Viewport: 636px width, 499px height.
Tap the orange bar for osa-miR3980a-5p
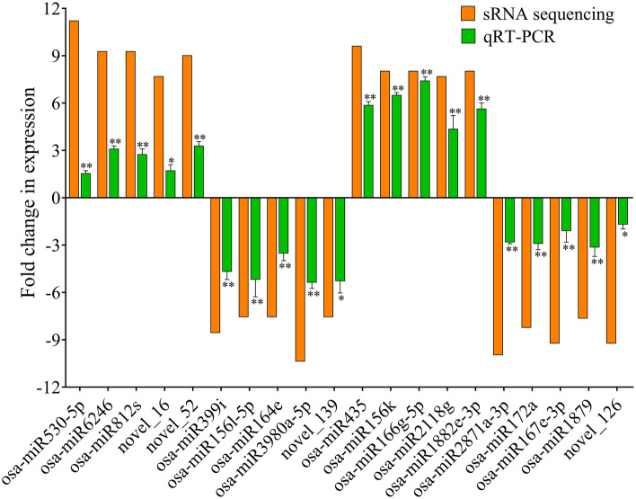[x=300, y=279]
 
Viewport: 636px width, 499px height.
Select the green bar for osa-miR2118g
[x=455, y=164]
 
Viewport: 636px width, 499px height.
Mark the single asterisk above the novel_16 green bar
[x=171, y=161]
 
